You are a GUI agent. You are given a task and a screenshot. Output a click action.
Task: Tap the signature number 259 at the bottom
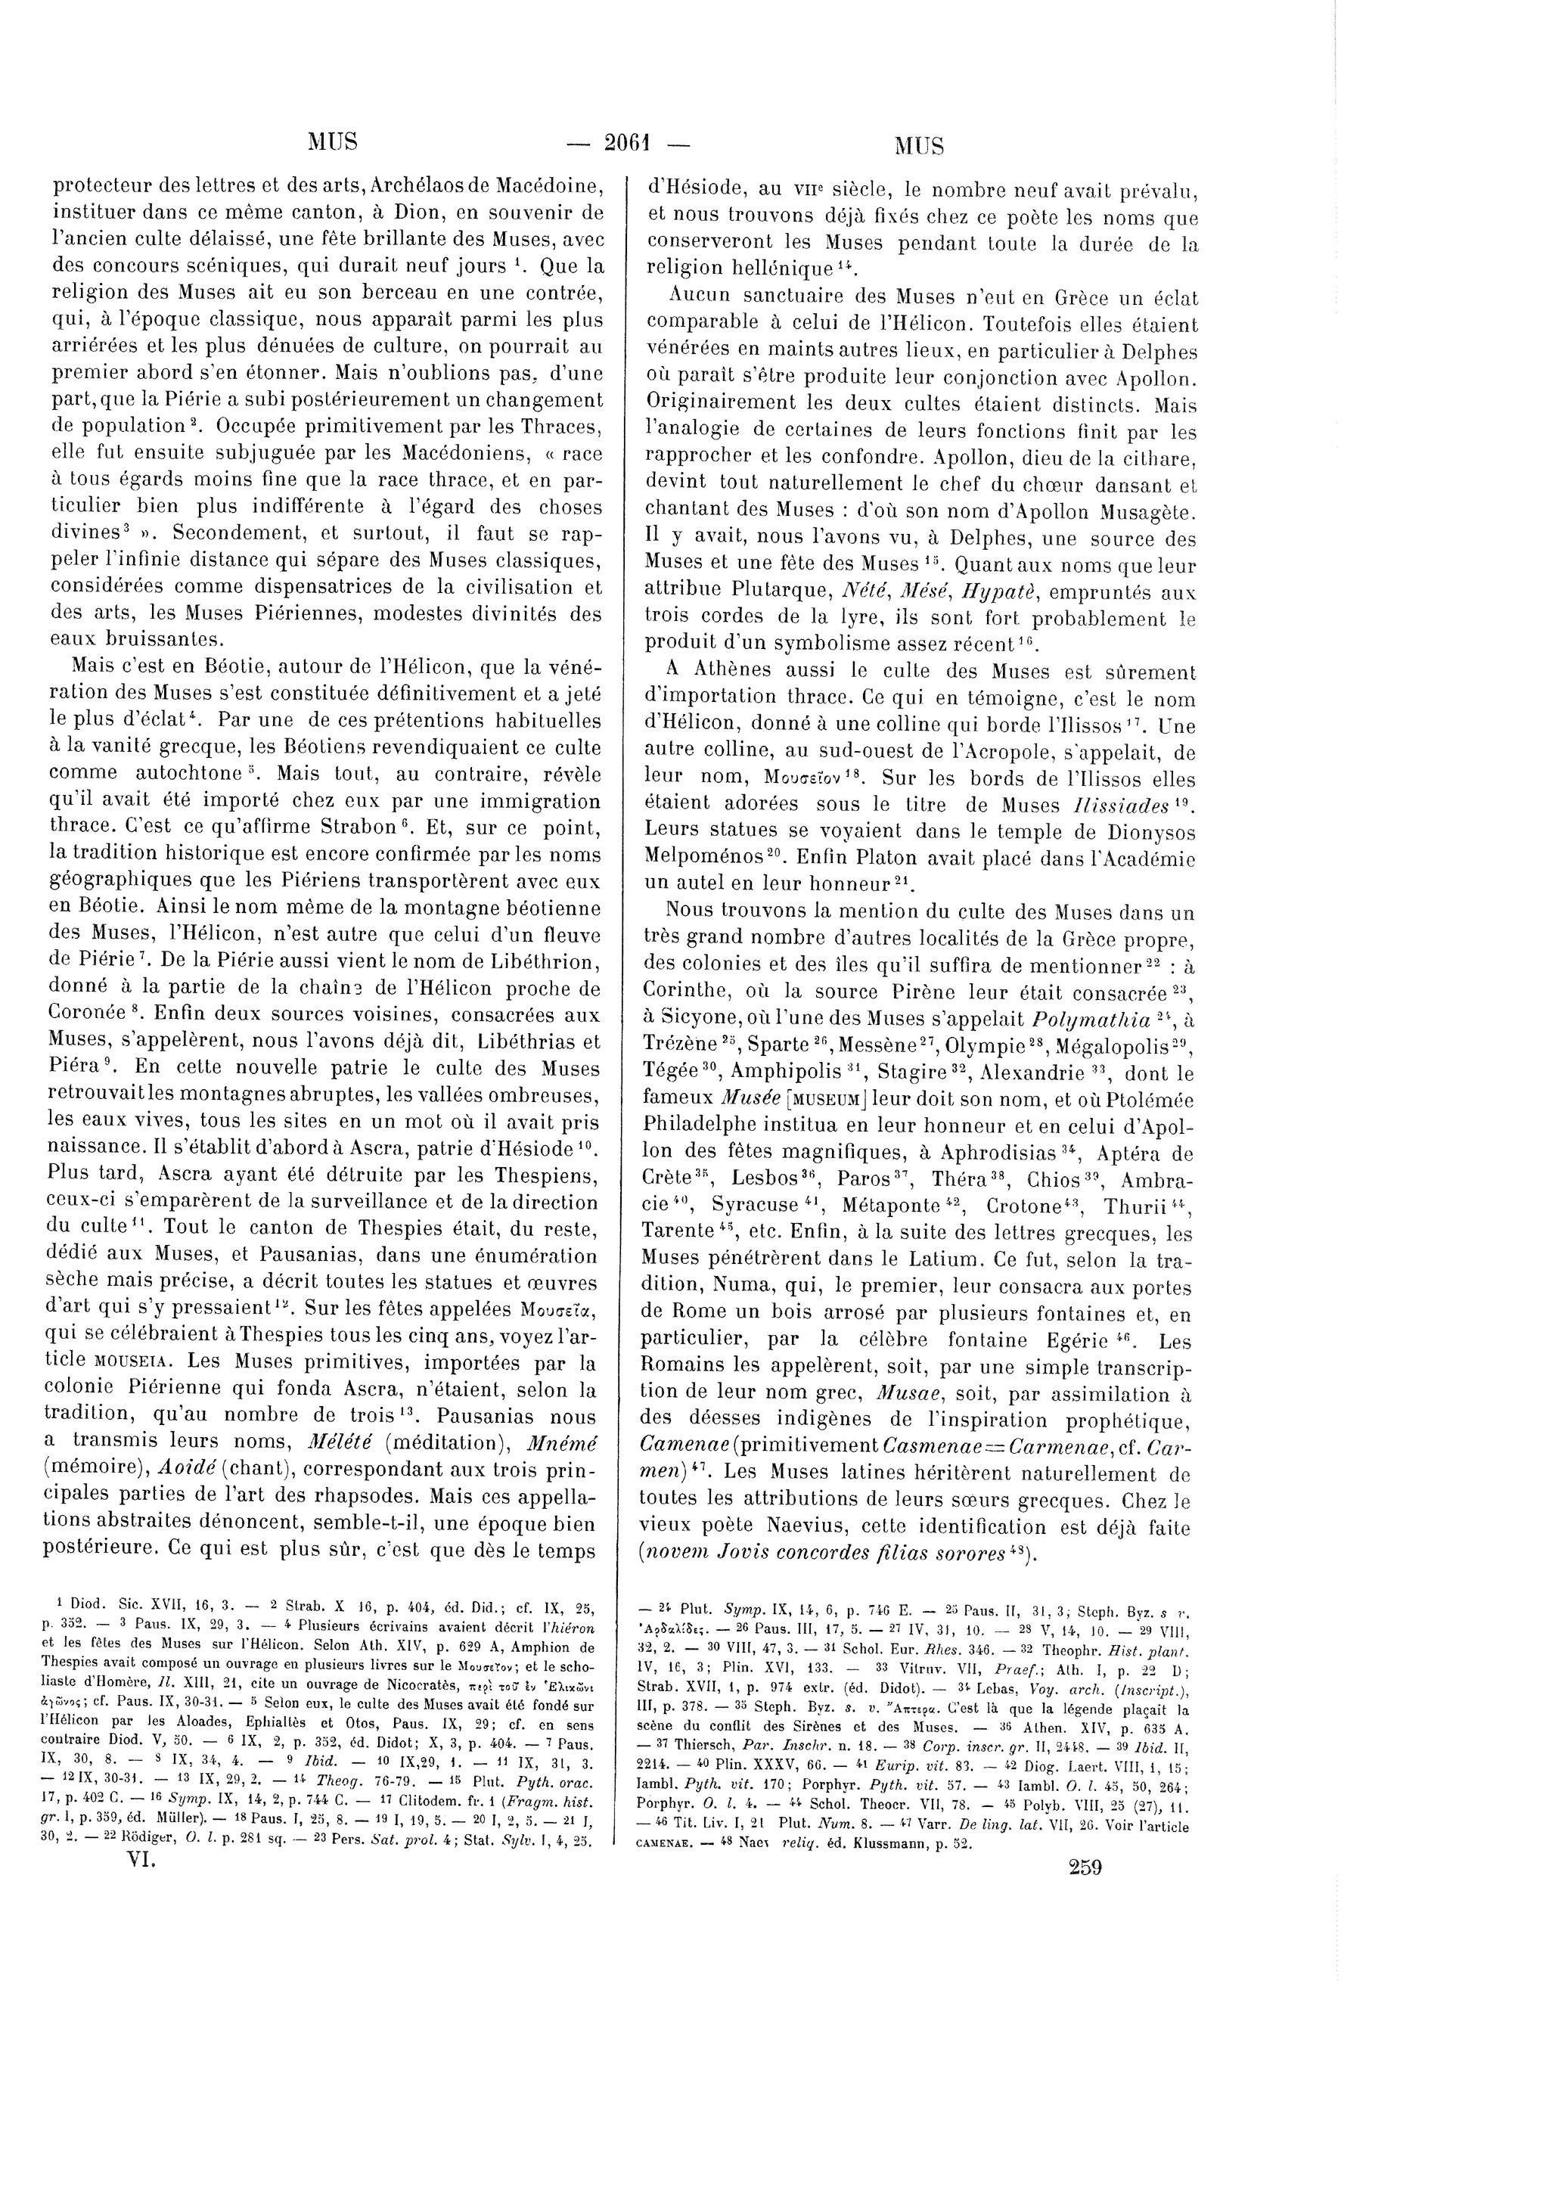[x=1083, y=1867]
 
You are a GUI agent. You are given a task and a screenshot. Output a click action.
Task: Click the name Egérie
[x=1083, y=1340]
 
